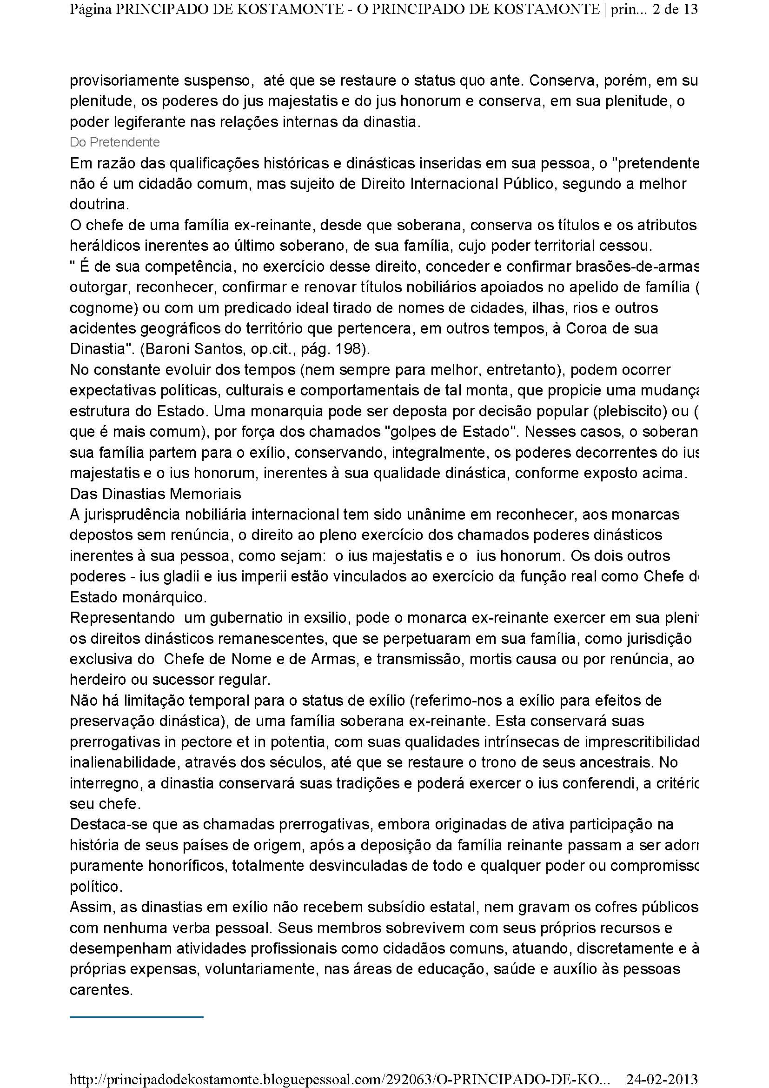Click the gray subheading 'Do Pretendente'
point(114,142)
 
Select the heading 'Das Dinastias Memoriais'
point(155,494)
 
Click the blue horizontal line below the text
point(136,1016)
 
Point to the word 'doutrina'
point(99,205)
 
